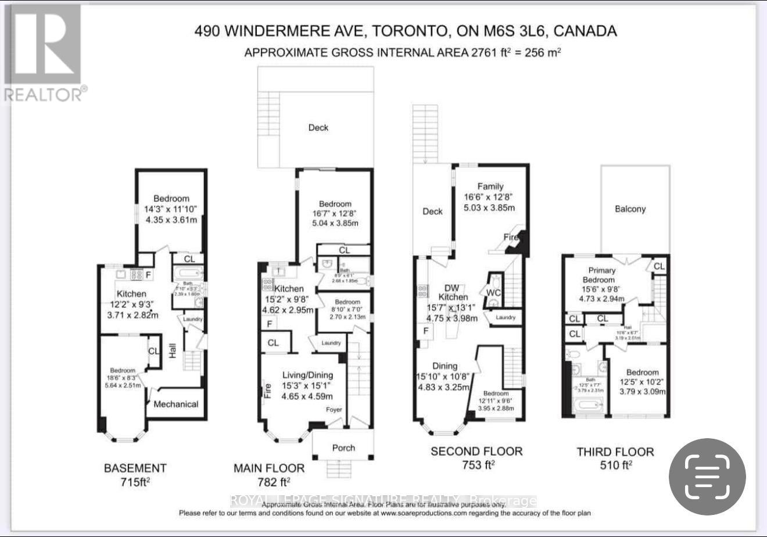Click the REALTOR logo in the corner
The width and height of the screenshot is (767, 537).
[44, 52]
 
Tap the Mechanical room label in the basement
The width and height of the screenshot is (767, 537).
[176, 404]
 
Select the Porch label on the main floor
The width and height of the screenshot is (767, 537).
[343, 448]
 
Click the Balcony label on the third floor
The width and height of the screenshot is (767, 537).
[630, 209]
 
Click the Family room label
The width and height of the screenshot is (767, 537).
[490, 187]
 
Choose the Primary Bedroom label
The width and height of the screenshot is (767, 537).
[600, 275]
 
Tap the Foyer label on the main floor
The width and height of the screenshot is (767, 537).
[334, 410]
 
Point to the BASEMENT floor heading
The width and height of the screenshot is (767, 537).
[135, 468]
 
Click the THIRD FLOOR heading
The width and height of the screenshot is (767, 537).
[615, 452]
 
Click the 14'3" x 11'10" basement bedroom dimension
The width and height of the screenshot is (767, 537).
[171, 209]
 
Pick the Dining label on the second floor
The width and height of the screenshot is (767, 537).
[445, 366]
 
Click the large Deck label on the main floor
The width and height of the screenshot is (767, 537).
[318, 128]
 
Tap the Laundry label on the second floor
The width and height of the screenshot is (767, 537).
[506, 317]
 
